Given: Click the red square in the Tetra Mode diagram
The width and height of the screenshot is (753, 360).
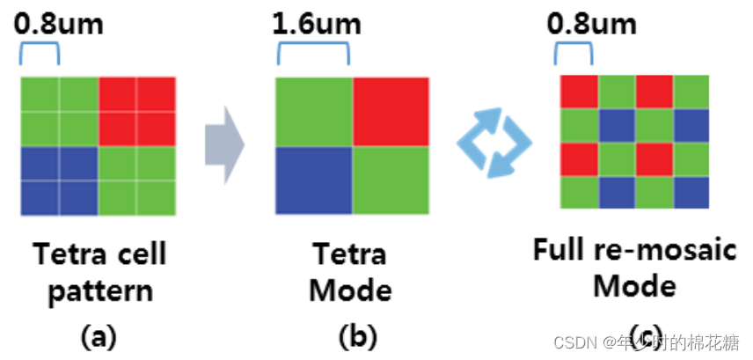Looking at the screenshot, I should pyautogui.click(x=391, y=112).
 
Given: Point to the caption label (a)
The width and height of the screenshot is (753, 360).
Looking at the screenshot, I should pyautogui.click(x=98, y=335).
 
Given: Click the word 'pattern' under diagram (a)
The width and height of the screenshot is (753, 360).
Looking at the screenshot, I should pyautogui.click(x=99, y=290).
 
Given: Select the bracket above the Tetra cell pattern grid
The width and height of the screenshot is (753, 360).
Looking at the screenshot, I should pyautogui.click(x=39, y=55).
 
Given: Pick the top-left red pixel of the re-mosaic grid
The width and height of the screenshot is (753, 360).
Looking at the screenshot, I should pyautogui.click(x=581, y=90).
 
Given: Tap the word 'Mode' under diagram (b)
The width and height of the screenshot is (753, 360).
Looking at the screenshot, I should pyautogui.click(x=351, y=290).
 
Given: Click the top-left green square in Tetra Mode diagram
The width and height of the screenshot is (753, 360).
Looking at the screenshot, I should pyautogui.click(x=314, y=112).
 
